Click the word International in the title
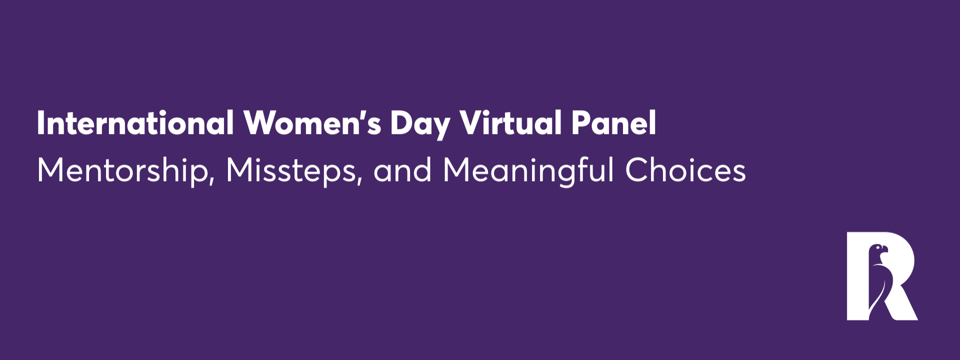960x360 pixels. click(135, 123)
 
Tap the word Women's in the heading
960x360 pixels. click(312, 123)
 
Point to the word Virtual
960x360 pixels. click(510, 123)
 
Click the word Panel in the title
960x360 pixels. click(613, 123)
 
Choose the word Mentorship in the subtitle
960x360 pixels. click(122, 171)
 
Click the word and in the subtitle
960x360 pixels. click(402, 171)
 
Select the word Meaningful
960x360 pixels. click(528, 171)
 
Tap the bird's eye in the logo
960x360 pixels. click(878, 247)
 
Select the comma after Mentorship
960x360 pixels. click(211, 180)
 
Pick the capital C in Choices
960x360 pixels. click(639, 171)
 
